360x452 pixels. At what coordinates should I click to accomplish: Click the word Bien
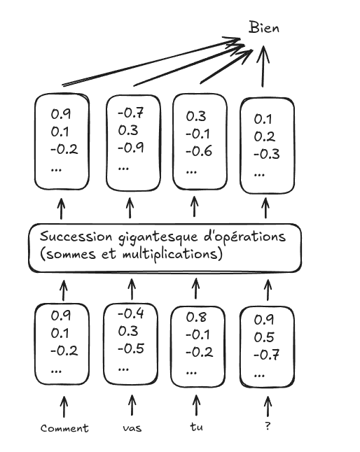[x=264, y=28]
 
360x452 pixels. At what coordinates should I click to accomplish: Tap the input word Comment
[x=64, y=428]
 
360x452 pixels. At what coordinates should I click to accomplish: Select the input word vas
[x=132, y=428]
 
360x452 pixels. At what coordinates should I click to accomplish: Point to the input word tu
[x=196, y=427]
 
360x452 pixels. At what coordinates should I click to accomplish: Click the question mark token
[x=268, y=426]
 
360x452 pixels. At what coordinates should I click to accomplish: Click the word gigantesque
[x=158, y=238]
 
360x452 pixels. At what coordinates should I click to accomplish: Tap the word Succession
[x=76, y=236]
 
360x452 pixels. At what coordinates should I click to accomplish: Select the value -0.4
[x=131, y=313]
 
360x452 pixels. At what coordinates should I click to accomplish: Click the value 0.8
[x=196, y=317]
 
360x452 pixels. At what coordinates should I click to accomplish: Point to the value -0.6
[x=199, y=151]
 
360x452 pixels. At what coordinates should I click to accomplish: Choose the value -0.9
[x=131, y=148]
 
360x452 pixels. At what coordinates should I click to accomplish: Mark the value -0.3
[x=267, y=154]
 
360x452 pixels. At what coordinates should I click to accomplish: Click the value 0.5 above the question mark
[x=264, y=337]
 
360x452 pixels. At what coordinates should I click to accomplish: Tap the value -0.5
[x=131, y=349]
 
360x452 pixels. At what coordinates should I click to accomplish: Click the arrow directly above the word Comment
[x=64, y=407]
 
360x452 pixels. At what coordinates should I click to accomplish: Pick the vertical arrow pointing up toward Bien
[x=263, y=66]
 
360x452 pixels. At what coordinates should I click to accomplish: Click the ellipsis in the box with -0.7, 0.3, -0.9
[x=123, y=168]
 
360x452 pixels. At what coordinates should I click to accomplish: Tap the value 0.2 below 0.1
[x=264, y=136]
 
